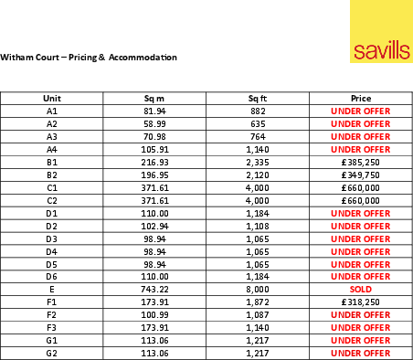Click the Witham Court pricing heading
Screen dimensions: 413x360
tap(89, 58)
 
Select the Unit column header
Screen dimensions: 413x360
tap(51, 97)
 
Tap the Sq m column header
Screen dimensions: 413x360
tap(154, 97)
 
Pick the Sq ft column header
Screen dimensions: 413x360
tap(258, 97)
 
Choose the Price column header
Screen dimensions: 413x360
tap(360, 97)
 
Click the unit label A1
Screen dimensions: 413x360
tap(51, 110)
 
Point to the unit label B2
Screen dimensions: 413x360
tap(51, 174)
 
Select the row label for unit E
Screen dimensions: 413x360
tap(51, 287)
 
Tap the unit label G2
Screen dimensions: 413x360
tap(51, 351)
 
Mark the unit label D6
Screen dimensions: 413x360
tap(51, 275)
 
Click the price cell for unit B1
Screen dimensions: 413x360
tap(360, 161)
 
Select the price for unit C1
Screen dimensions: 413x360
tap(360, 186)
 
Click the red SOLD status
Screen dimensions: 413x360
tap(360, 287)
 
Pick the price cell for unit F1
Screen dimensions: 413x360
tap(360, 300)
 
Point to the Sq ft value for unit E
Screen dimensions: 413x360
tap(258, 287)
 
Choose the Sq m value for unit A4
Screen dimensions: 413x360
tap(154, 148)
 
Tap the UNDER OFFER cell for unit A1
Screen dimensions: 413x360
tap(360, 110)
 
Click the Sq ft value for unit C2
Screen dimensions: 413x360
tap(258, 199)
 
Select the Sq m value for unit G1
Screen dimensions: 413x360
tap(154, 338)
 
